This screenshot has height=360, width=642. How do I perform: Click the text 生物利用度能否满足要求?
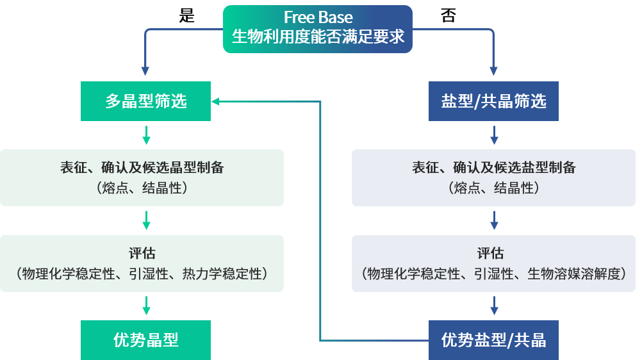[x=318, y=37]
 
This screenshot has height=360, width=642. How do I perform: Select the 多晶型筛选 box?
[x=145, y=101]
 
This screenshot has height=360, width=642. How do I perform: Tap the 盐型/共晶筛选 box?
[x=493, y=101]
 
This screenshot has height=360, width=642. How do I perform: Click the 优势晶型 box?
[x=145, y=340]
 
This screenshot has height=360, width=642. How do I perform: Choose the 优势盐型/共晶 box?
[x=493, y=340]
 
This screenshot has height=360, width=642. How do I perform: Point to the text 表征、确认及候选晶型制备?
[x=142, y=168]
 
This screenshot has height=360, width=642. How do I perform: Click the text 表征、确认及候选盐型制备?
[x=493, y=168]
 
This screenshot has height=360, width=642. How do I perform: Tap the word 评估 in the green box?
[x=142, y=254]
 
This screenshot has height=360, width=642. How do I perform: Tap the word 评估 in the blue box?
[x=493, y=254]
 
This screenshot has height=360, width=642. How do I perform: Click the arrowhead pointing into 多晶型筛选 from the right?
[x=216, y=101]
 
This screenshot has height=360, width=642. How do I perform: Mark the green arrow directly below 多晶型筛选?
[x=146, y=135]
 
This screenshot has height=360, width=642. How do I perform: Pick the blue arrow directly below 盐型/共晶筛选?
[x=494, y=135]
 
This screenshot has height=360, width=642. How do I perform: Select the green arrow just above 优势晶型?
[x=146, y=306]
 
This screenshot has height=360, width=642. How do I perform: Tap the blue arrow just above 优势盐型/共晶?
[x=494, y=306]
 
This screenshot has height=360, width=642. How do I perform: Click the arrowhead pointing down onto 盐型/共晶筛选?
[x=493, y=71]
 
